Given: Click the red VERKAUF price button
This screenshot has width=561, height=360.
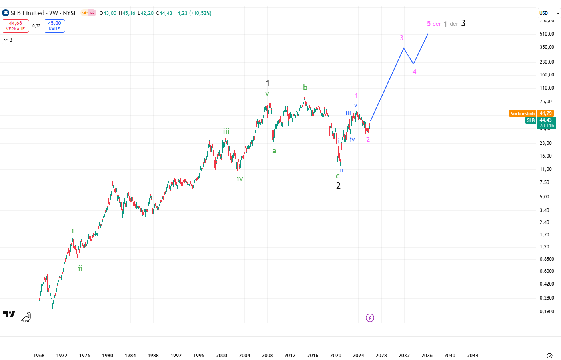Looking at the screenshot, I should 16,26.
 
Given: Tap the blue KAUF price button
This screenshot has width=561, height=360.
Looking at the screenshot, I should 54,26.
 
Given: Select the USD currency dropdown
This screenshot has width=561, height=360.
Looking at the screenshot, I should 549,13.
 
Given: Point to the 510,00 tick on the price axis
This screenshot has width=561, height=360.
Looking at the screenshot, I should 547,34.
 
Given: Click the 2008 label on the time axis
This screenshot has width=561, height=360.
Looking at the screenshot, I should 267,355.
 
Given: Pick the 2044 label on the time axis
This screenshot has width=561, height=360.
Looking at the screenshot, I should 473,355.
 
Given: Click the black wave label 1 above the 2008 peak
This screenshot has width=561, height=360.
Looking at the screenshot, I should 268,83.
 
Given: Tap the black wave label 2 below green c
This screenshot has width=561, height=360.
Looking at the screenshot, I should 338,186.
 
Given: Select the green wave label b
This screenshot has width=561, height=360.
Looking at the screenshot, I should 305,87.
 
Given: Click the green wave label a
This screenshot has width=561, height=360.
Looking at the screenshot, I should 274,151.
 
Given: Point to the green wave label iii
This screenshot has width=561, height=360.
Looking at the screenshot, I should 226,131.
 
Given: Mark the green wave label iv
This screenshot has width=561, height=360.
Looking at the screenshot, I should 240,178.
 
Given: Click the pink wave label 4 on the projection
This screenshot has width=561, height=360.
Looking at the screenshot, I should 415,72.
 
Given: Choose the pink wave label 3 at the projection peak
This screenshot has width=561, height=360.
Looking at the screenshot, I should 401,38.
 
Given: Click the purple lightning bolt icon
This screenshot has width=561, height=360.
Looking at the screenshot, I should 370,318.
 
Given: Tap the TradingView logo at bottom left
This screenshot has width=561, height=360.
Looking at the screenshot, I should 9,314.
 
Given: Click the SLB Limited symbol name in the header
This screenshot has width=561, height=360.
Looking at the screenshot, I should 27,13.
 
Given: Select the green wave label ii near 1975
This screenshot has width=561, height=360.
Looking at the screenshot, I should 80,268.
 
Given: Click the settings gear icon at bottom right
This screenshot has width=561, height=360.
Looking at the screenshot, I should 549,356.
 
